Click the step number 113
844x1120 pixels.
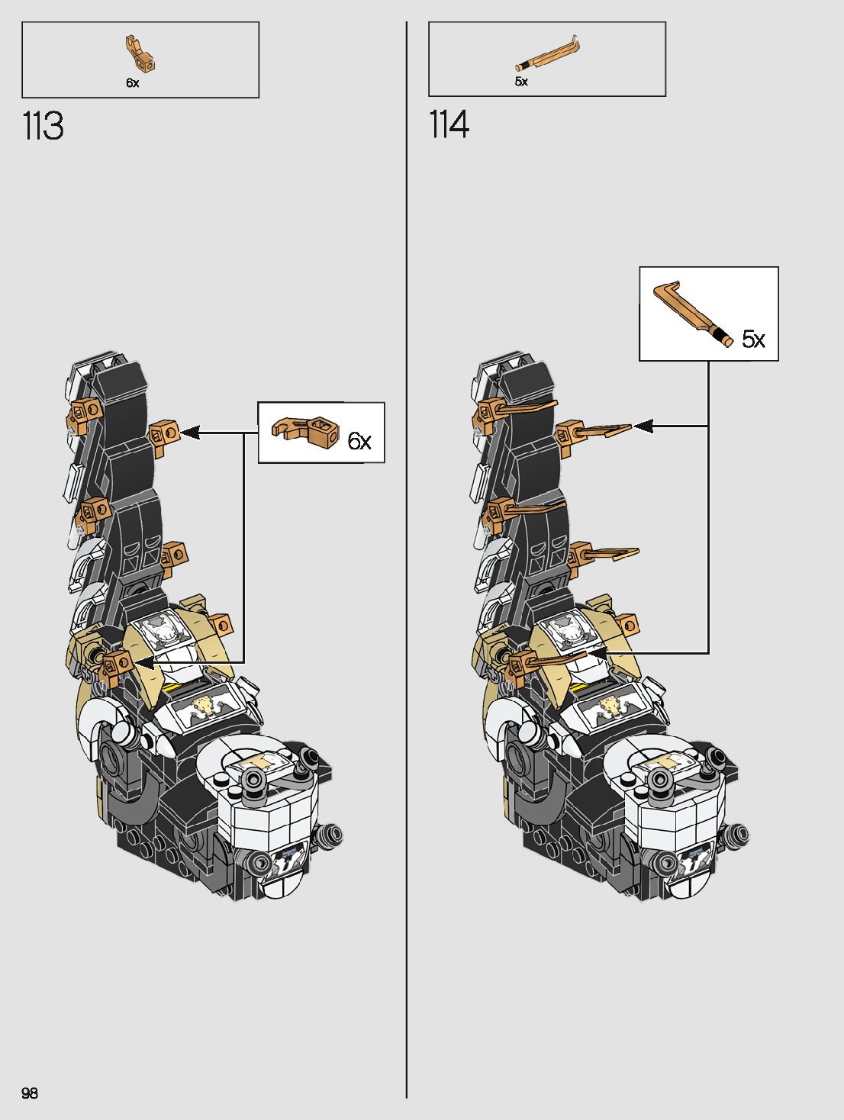43,127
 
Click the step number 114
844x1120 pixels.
449,125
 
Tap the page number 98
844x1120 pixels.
30,1093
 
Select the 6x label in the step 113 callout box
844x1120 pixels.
359,441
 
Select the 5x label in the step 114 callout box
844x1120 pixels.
753,339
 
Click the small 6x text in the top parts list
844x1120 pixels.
133,83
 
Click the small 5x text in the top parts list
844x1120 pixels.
521,82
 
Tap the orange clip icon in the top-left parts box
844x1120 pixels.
140,53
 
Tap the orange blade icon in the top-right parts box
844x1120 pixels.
547,54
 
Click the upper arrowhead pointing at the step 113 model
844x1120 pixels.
190,433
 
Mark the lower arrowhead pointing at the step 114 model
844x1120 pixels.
597,653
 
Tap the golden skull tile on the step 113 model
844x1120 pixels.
204,709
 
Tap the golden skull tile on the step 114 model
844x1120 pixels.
610,708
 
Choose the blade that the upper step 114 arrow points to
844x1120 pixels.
603,431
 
